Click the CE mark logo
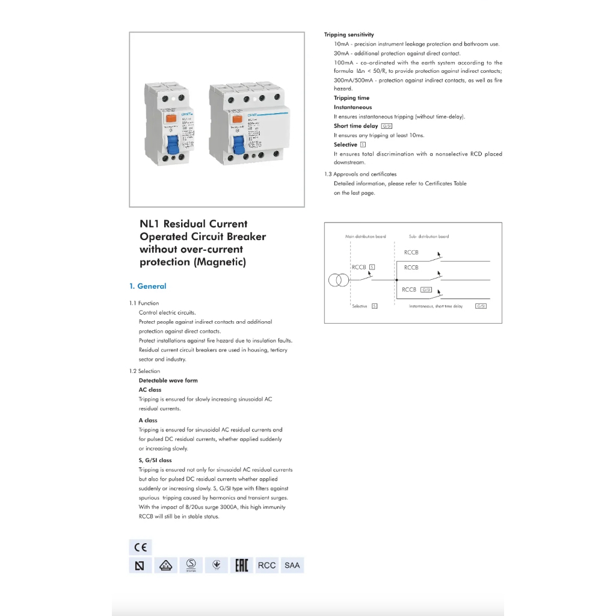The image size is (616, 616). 140,547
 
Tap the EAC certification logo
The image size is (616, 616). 241,565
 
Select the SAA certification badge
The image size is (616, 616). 292,565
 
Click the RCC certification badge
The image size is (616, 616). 266,565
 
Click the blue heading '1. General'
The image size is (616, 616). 148,286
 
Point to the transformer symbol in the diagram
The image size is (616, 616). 338,280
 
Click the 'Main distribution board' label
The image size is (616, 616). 366,236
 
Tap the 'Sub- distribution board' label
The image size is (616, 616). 428,236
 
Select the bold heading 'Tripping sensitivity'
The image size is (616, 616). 349,35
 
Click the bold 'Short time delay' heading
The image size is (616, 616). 356,126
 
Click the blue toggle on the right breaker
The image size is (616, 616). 238,146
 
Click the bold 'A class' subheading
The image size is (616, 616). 148,420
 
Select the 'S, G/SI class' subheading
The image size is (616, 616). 155,460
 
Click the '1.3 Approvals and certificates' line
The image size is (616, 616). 360,174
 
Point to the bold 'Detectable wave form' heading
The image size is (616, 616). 168,380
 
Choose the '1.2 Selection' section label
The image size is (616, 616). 145,371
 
